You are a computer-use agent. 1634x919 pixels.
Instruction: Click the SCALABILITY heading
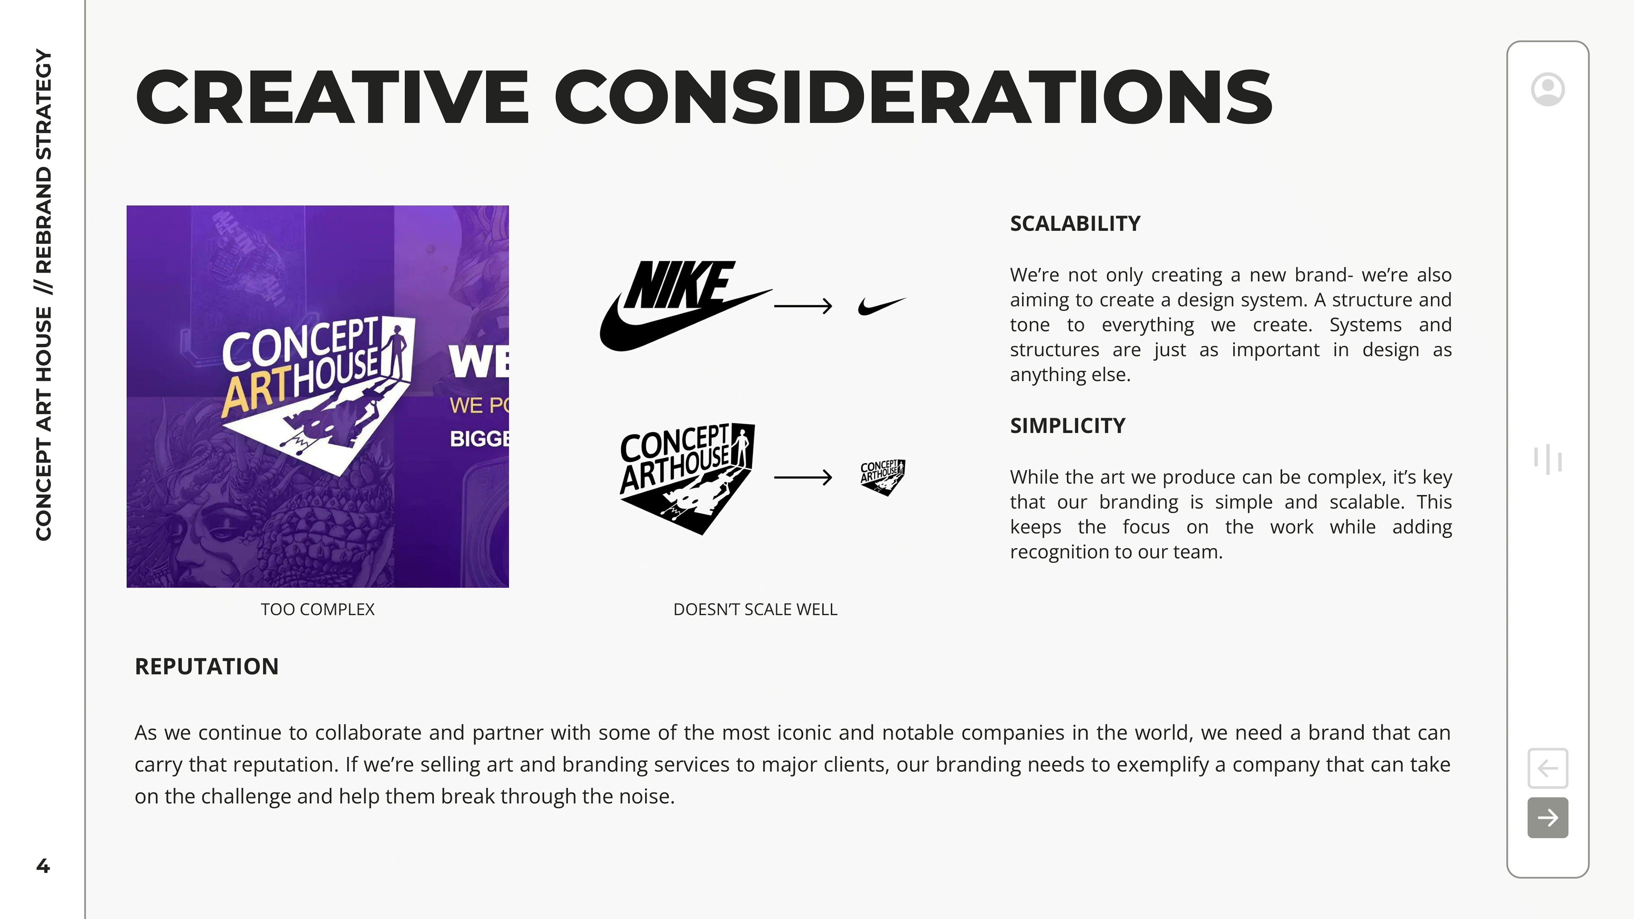pyautogui.click(x=1074, y=224)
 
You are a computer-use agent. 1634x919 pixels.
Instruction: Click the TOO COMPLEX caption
pyautogui.click(x=317, y=610)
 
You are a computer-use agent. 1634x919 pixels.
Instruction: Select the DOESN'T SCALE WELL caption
pyautogui.click(x=755, y=610)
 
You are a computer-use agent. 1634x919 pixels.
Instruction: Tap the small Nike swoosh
pyautogui.click(x=882, y=306)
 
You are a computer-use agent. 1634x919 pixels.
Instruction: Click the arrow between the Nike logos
pyautogui.click(x=803, y=306)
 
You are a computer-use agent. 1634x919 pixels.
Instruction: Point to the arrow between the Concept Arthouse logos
pyautogui.click(x=803, y=477)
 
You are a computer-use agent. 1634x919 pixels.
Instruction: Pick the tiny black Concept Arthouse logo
pyautogui.click(x=883, y=477)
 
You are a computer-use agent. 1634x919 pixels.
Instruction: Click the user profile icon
pyautogui.click(x=1547, y=89)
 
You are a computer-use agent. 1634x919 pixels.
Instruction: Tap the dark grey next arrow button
pyautogui.click(x=1547, y=817)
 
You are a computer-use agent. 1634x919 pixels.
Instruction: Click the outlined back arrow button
pyautogui.click(x=1547, y=768)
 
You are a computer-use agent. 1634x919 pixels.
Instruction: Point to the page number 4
pyautogui.click(x=43, y=866)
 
